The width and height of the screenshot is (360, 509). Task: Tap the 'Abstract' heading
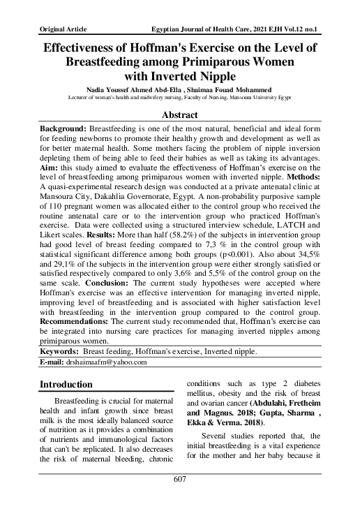pos(180,115)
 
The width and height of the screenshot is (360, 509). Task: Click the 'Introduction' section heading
pos(66,384)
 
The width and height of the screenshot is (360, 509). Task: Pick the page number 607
pos(180,499)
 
